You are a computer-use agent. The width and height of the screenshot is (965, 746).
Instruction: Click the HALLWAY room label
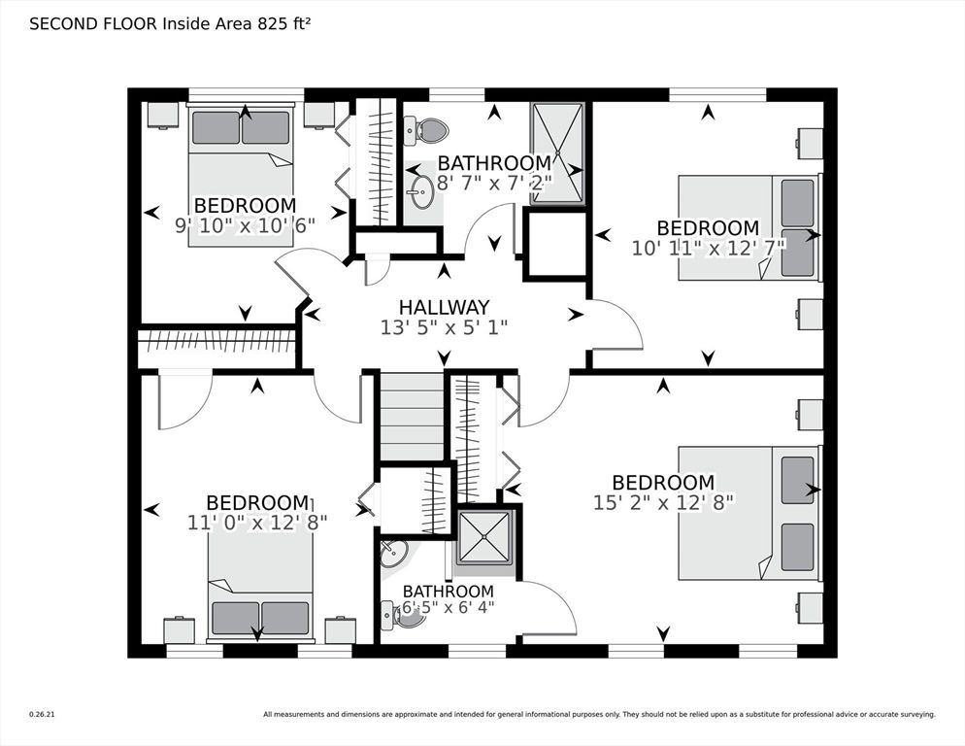click(444, 307)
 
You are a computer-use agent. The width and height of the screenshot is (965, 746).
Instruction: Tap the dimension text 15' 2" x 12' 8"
click(664, 502)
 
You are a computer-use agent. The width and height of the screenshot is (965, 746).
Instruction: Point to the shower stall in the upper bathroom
click(557, 153)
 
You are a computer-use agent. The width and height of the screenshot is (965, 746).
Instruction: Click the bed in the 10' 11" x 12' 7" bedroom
click(749, 228)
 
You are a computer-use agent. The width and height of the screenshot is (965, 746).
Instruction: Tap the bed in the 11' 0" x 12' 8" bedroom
click(260, 586)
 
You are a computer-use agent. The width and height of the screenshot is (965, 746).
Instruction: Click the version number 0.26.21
click(42, 715)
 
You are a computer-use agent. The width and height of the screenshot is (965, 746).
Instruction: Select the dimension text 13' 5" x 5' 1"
click(444, 328)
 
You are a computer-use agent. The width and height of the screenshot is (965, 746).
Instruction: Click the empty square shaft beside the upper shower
click(555, 245)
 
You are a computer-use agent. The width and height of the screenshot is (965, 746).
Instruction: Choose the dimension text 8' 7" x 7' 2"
click(493, 182)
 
